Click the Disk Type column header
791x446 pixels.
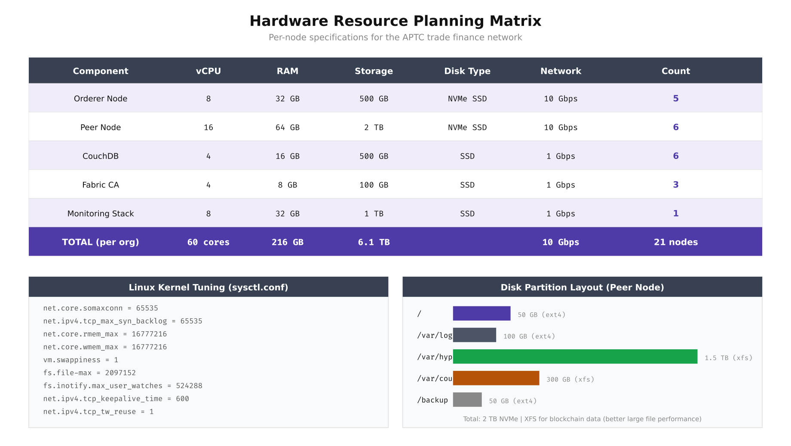pyautogui.click(x=467, y=71)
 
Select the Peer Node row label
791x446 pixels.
pyautogui.click(x=101, y=127)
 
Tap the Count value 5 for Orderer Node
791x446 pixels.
pyautogui.click(x=675, y=98)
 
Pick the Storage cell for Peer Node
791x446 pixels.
pyautogui.click(x=374, y=127)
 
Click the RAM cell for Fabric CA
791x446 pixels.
pyautogui.click(x=287, y=185)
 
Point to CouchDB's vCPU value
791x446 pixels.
pyautogui.click(x=208, y=156)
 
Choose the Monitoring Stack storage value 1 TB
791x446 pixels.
pyautogui.click(x=374, y=214)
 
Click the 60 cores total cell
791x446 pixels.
pyautogui.click(x=208, y=242)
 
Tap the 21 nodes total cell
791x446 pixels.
pyautogui.click(x=675, y=242)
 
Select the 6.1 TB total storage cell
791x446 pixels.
pyautogui.click(x=374, y=242)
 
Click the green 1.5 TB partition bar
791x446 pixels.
pyautogui.click(x=575, y=357)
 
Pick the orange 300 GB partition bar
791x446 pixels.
pyautogui.click(x=496, y=378)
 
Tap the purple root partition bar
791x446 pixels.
pyautogui.click(x=481, y=313)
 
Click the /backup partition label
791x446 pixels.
pyautogui.click(x=432, y=400)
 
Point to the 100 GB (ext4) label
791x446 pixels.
pyautogui.click(x=529, y=336)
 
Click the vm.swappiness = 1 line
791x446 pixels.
pyautogui.click(x=80, y=360)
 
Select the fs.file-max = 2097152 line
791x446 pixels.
pyautogui.click(x=89, y=373)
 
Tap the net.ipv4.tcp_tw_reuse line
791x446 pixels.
pyautogui.click(x=98, y=412)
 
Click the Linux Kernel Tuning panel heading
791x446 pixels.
pyautogui.click(x=208, y=287)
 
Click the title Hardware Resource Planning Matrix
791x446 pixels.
pyautogui.click(x=395, y=21)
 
